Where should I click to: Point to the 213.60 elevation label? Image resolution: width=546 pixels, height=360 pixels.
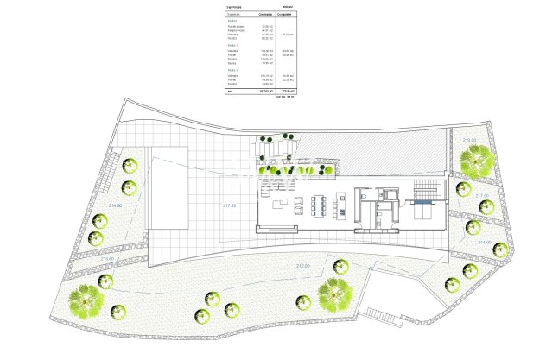pyautogui.click(x=108, y=258)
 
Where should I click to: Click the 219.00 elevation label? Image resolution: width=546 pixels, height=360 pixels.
pyautogui.click(x=470, y=140)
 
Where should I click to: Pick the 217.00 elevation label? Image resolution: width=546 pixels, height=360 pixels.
pyautogui.click(x=482, y=197)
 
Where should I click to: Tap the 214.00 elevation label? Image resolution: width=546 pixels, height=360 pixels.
pyautogui.click(x=482, y=243)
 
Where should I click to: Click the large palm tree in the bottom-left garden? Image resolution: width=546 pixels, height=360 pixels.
pyautogui.click(x=86, y=303)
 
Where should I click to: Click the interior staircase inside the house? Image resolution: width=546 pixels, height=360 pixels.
pyautogui.click(x=426, y=191)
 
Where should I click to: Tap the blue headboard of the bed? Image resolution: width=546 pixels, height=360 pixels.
pyautogui.click(x=422, y=204)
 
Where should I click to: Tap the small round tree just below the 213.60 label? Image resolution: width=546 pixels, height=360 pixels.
pyautogui.click(x=107, y=280)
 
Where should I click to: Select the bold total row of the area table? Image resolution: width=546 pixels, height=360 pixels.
pyautogui.click(x=259, y=91)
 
